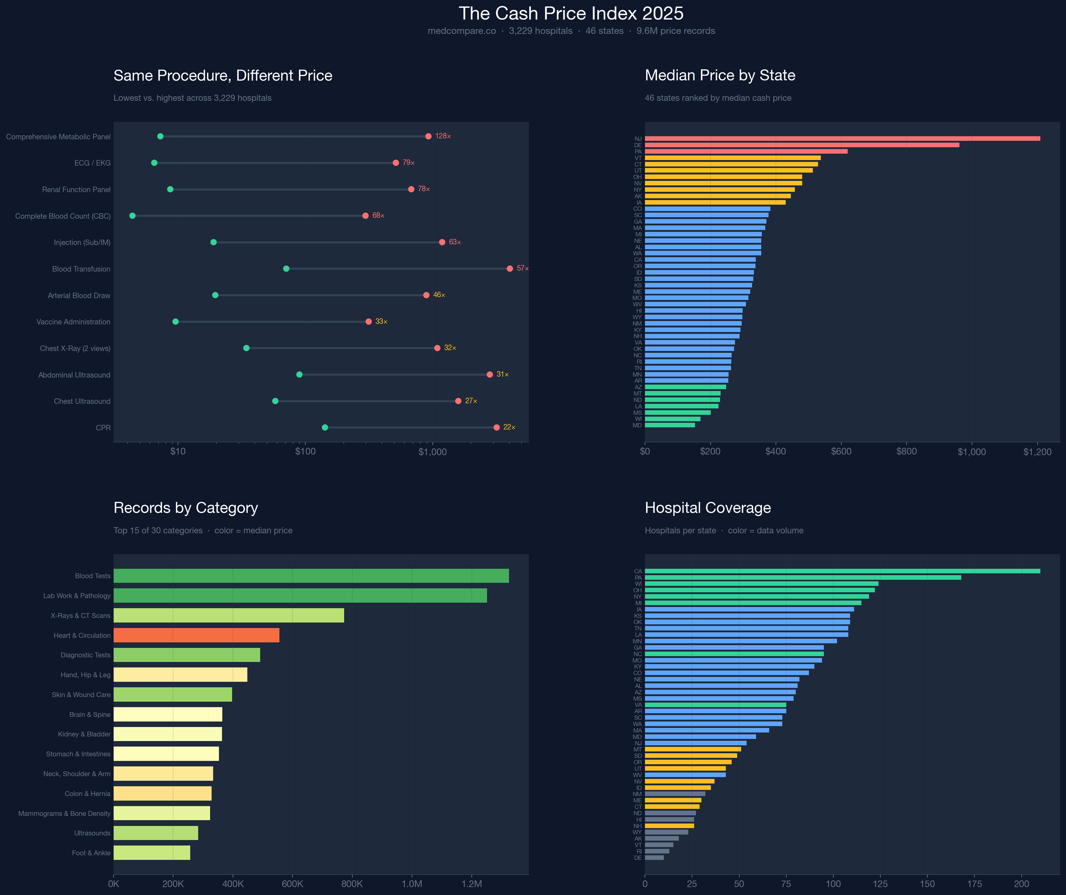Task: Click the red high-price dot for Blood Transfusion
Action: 510,268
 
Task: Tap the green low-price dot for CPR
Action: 325,427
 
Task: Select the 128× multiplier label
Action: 443,136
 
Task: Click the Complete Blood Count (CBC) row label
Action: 63,216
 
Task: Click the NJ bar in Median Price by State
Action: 842,139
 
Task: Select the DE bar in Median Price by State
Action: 802,145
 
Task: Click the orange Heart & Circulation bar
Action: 196,635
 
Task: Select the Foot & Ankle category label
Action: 91,853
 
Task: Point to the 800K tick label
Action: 352,884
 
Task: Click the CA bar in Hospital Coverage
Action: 842,571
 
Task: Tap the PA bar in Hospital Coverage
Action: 802,578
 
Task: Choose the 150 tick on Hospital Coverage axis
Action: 927,884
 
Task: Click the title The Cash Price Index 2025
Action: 571,13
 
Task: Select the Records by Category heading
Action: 186,508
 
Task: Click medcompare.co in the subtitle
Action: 461,31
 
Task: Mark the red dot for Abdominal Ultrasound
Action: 489,375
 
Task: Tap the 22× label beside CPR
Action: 509,427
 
